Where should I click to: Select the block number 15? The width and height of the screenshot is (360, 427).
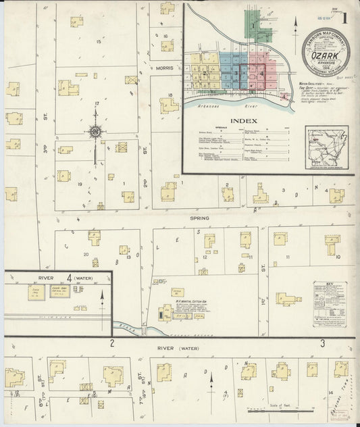[99, 42]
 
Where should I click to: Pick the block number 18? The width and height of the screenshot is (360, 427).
[171, 95]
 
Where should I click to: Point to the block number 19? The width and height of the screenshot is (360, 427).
[80, 184]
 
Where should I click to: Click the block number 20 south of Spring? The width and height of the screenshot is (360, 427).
[86, 254]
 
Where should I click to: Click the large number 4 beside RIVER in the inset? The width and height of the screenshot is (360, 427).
[70, 277]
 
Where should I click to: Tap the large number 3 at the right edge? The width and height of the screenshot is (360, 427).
[323, 343]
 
